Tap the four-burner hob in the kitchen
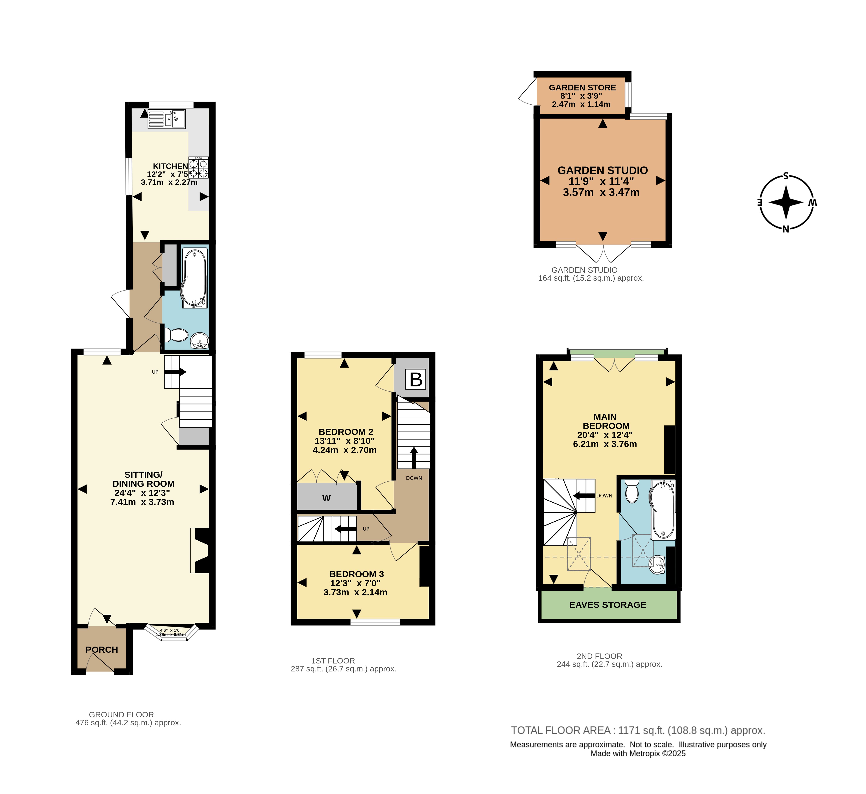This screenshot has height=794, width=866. [198, 168]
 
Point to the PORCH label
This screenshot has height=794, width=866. [102, 650]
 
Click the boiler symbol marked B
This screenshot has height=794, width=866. [416, 379]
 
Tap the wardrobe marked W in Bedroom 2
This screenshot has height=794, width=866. [327, 498]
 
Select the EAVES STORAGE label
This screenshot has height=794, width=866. [607, 605]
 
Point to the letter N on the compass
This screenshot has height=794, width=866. [786, 229]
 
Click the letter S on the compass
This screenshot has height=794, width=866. [786, 176]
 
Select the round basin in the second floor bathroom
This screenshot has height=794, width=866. [657, 565]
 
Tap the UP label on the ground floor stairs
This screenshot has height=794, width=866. [155, 372]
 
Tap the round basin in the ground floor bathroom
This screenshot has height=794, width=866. [199, 341]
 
